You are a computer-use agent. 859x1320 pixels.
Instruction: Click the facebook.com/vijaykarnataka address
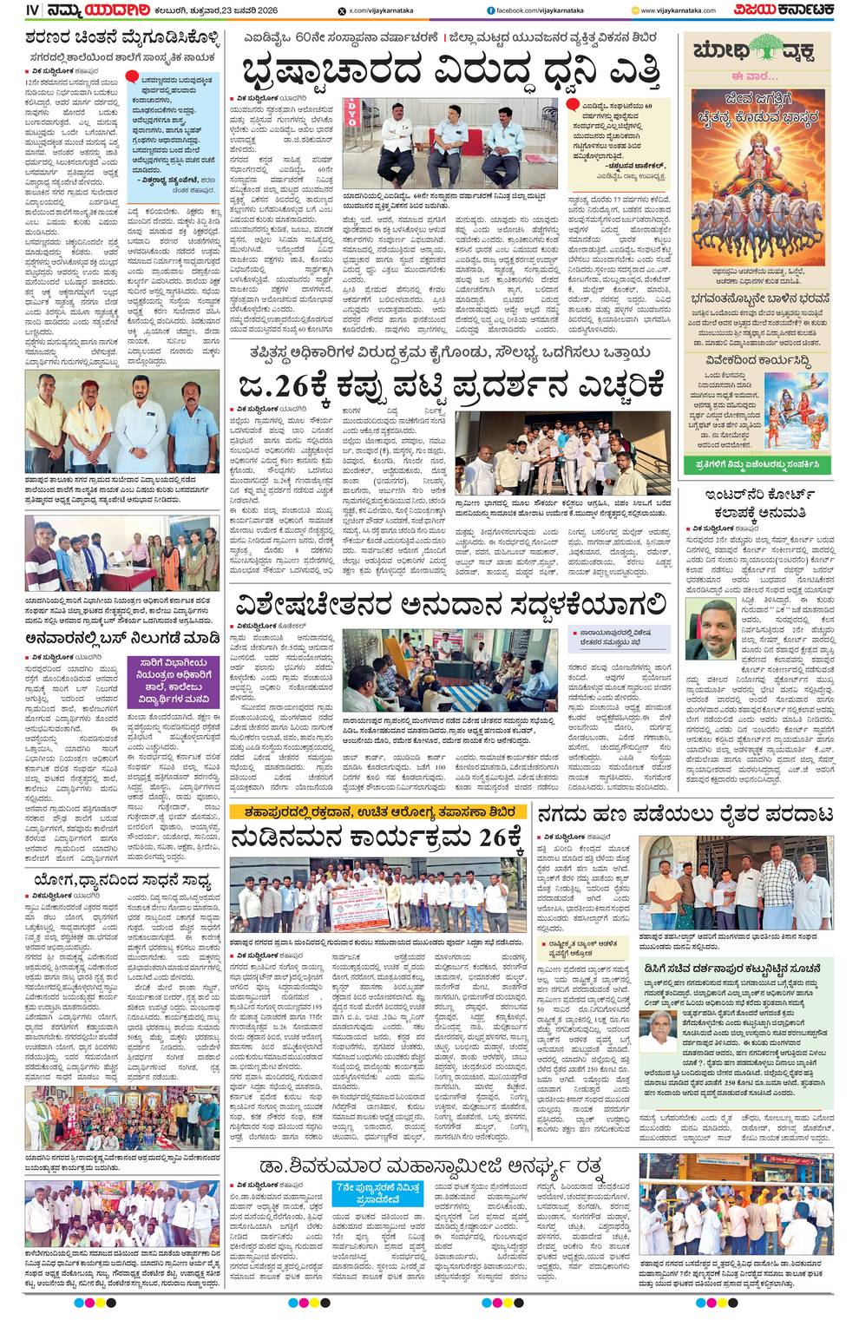tap(534, 11)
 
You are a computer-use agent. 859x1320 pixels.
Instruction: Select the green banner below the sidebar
tap(757, 465)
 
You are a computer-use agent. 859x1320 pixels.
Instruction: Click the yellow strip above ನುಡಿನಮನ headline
tap(377, 811)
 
